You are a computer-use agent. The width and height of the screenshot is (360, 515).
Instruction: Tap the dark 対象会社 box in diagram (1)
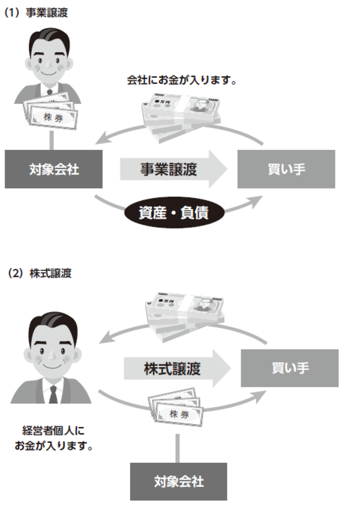[x=53, y=169]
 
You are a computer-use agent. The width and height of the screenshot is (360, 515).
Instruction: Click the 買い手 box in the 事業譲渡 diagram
[x=286, y=169]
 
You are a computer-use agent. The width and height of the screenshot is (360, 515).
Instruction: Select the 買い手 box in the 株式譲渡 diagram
[x=289, y=367]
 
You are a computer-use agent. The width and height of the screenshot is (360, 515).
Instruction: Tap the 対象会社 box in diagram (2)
[x=179, y=481]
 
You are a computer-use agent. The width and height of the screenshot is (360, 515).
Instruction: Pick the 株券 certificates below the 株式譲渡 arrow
[x=178, y=412]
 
